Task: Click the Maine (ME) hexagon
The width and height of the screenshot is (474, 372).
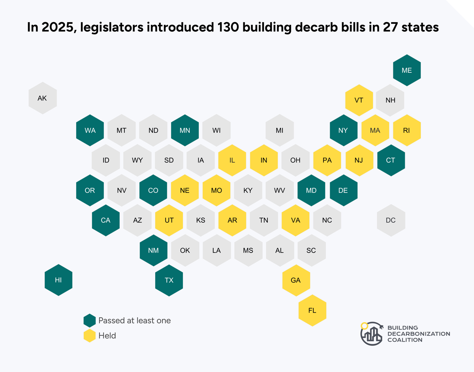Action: coord(406,70)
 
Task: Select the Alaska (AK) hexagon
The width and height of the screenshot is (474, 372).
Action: coord(42,98)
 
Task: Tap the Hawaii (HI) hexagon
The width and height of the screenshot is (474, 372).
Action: coord(58,280)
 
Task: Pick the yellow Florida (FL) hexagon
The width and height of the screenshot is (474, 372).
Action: coord(312,310)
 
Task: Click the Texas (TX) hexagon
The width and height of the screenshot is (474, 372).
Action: coord(169,280)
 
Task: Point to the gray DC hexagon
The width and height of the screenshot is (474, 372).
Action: coord(390,220)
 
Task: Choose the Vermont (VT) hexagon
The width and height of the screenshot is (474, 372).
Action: coord(359,100)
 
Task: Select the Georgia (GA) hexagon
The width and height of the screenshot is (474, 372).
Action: coord(295,280)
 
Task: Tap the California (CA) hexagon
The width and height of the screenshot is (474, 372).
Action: coord(105,220)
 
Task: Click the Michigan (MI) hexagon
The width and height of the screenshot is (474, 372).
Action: coord(280,130)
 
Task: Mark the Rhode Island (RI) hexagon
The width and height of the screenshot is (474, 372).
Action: coord(406,130)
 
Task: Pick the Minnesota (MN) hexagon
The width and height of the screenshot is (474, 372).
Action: coord(185,130)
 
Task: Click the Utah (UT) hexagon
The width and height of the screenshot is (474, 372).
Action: coord(169,220)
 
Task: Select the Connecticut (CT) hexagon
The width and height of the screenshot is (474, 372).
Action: coord(390,160)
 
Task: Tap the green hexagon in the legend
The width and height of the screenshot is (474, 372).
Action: coord(90,321)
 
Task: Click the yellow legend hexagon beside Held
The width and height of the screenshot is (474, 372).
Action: coord(90,336)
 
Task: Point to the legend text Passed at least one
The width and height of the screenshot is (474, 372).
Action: coord(135,321)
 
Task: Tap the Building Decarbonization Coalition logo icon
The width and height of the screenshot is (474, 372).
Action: coord(372,334)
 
